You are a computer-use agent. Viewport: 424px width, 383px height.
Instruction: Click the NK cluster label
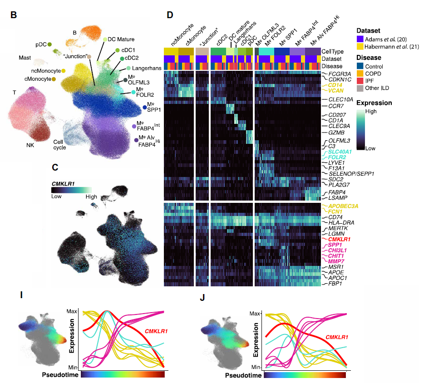pyautogui.click(x=30, y=145)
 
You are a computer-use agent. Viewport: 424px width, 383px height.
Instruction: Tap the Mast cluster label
pyautogui.click(x=25, y=58)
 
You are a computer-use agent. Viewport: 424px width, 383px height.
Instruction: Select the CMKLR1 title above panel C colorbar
pyautogui.click(x=65, y=183)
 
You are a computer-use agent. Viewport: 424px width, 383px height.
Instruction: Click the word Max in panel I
pyautogui.click(x=72, y=311)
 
